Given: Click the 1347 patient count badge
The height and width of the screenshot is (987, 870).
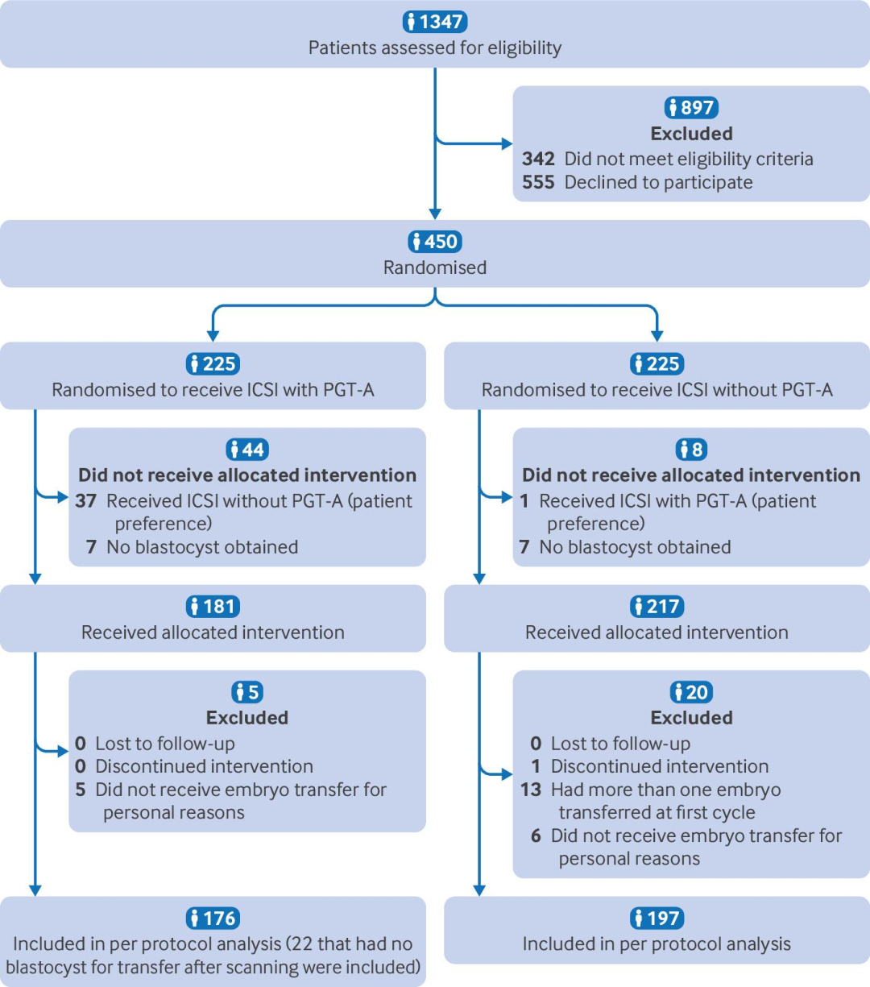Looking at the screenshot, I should click(x=435, y=22).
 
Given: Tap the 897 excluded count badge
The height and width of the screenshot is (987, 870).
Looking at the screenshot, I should click(x=691, y=107).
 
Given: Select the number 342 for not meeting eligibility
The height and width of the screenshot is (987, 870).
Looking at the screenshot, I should click(x=538, y=159).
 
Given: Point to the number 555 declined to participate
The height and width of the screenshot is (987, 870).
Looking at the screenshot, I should click(x=538, y=182).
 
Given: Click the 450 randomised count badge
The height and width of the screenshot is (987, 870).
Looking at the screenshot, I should click(x=435, y=241).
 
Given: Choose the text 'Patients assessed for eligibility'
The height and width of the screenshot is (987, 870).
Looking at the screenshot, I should click(x=435, y=48).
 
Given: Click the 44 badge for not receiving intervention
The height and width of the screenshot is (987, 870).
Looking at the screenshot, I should click(x=247, y=450).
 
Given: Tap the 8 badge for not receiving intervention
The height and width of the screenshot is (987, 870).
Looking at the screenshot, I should click(x=691, y=450).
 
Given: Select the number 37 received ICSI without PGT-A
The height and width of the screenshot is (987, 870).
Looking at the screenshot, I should click(x=86, y=501).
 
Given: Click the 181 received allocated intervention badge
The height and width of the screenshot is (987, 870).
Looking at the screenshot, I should click(x=213, y=606).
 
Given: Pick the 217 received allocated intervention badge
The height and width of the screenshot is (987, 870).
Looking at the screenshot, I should click(x=657, y=606).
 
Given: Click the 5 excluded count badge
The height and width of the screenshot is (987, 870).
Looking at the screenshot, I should click(x=247, y=692).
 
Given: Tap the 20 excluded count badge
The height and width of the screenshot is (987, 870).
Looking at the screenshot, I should click(x=691, y=692).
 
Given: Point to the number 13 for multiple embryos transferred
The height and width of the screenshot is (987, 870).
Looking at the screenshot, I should click(x=531, y=790).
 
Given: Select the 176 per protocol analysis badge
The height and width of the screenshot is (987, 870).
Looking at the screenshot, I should click(x=213, y=918).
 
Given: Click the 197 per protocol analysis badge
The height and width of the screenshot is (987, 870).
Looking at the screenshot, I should click(x=657, y=918).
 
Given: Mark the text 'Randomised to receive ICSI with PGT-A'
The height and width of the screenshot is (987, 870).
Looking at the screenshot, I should click(x=213, y=390).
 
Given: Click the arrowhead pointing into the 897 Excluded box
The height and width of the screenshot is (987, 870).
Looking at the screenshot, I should click(x=507, y=144).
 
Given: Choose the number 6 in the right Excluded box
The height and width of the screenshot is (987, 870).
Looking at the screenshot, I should click(x=536, y=836).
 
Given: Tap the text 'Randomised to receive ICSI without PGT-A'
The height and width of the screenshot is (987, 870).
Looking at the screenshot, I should click(x=657, y=390).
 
